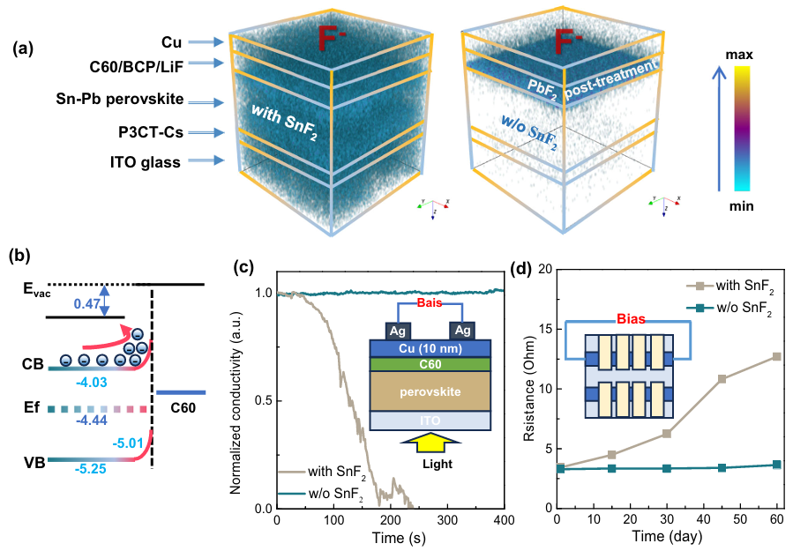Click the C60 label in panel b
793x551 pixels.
click(183, 408)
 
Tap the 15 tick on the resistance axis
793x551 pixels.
click(541, 329)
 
